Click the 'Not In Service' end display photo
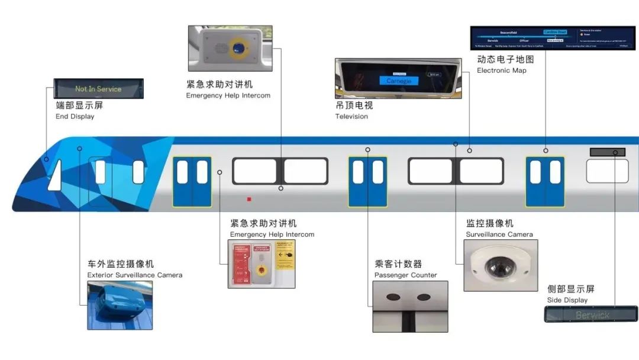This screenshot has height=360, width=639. [98, 89]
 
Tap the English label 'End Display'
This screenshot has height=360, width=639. [75, 117]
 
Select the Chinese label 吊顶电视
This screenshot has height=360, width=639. [354, 105]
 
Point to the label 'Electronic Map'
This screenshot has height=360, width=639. [501, 70]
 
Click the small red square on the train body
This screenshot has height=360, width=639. [249, 200]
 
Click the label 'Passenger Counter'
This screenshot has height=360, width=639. [405, 275]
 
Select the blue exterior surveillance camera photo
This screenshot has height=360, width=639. [120, 305]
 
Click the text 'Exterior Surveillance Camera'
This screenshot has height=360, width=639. [134, 275]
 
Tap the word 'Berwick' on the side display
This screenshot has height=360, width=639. [592, 315]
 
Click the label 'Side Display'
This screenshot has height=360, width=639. [567, 300]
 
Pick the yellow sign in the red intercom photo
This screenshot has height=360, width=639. [285, 255]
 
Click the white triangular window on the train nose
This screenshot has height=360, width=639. [56, 176]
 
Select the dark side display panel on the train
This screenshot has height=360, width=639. [607, 152]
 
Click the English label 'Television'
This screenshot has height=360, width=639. [351, 117]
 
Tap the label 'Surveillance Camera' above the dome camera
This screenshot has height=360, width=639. [499, 234]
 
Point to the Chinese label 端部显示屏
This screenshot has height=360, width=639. [79, 105]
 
